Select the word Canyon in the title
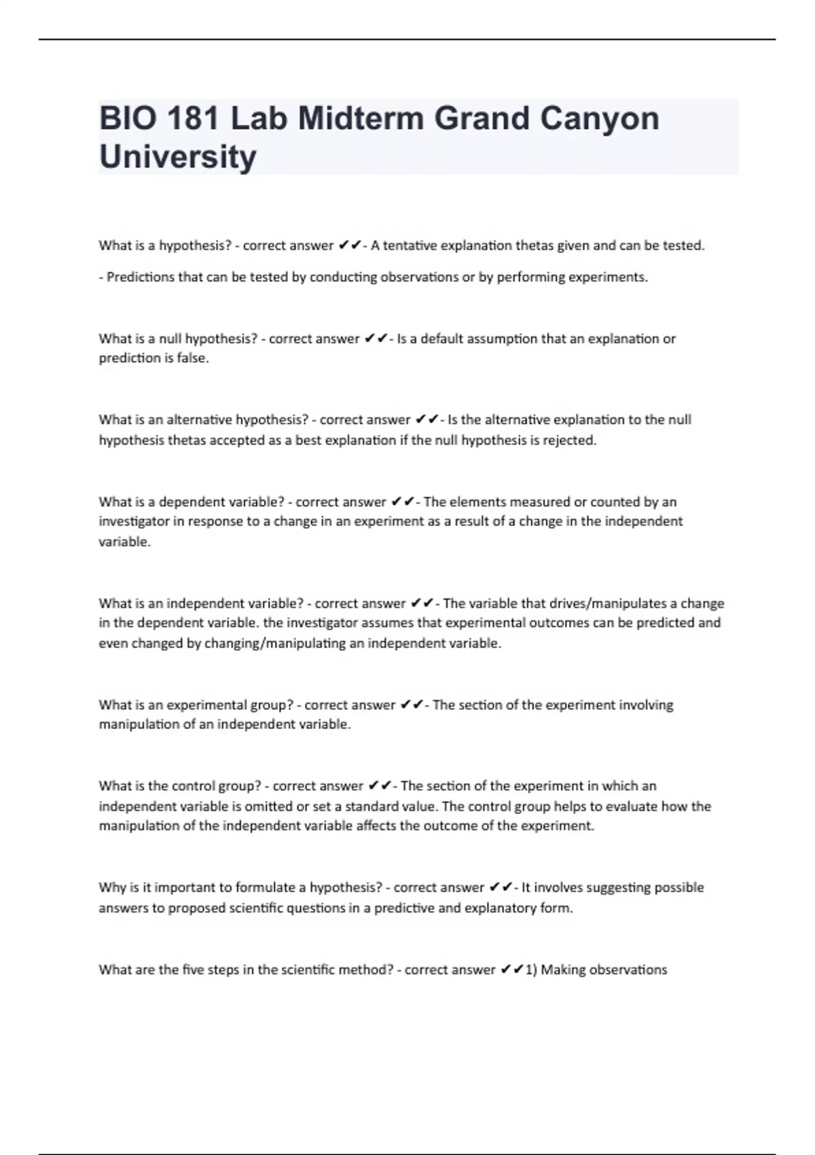tap(599, 119)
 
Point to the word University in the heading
tap(178, 157)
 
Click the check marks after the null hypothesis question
tap(376, 338)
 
